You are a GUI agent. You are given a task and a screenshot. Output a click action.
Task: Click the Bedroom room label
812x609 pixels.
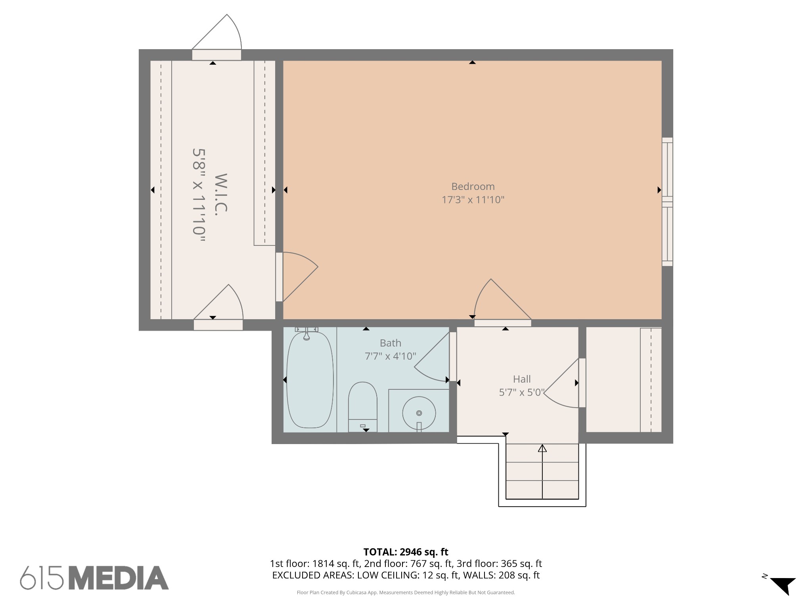(x=473, y=186)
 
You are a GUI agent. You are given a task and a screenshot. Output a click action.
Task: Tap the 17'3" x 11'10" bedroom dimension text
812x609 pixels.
(x=473, y=199)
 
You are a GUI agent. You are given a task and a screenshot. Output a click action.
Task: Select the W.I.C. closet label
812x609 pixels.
(x=221, y=194)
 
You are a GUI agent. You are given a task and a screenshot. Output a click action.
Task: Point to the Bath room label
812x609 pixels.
(x=390, y=343)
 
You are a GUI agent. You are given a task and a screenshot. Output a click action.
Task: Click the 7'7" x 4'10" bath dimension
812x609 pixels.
(x=390, y=356)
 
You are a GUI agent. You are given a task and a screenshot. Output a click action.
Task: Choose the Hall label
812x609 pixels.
(x=521, y=379)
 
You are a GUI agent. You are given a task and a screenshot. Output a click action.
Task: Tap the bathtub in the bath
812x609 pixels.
(x=310, y=380)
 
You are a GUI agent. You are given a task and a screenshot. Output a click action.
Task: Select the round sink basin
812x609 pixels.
(x=419, y=413)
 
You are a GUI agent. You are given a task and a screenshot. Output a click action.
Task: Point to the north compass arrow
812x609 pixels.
(x=783, y=585)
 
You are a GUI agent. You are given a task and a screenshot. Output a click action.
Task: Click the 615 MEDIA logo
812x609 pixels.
(x=94, y=578)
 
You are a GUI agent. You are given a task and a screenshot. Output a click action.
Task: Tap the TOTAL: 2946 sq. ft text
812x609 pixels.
(x=406, y=552)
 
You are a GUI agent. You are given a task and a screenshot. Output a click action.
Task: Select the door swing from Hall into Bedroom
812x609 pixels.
(x=500, y=301)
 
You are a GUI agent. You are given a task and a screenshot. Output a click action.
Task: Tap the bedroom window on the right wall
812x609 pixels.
(x=667, y=201)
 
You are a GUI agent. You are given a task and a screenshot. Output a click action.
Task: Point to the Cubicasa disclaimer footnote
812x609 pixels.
(x=406, y=592)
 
